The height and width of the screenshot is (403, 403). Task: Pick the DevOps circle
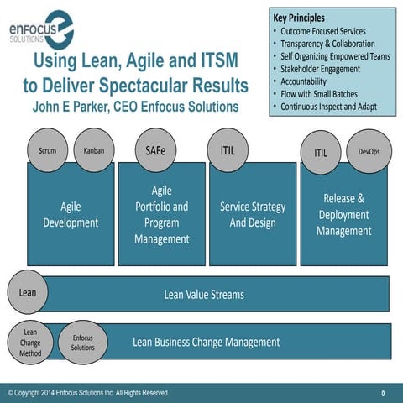[369, 152]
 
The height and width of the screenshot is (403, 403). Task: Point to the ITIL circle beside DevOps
[321, 152]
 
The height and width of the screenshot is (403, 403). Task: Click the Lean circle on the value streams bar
[28, 293]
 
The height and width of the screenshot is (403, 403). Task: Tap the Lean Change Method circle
[30, 342]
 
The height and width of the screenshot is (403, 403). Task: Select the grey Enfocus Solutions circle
[82, 342]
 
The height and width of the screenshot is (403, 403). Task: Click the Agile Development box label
[71, 214]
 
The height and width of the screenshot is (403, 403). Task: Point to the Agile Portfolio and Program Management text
[161, 215]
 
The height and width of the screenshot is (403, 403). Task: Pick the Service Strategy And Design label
[253, 214]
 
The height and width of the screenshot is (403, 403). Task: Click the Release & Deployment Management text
[343, 214]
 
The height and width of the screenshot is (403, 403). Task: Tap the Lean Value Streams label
[204, 294]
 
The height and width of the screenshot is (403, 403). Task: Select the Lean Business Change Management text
[206, 342]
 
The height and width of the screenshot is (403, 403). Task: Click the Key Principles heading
[299, 18]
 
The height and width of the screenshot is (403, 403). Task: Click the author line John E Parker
[135, 107]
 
